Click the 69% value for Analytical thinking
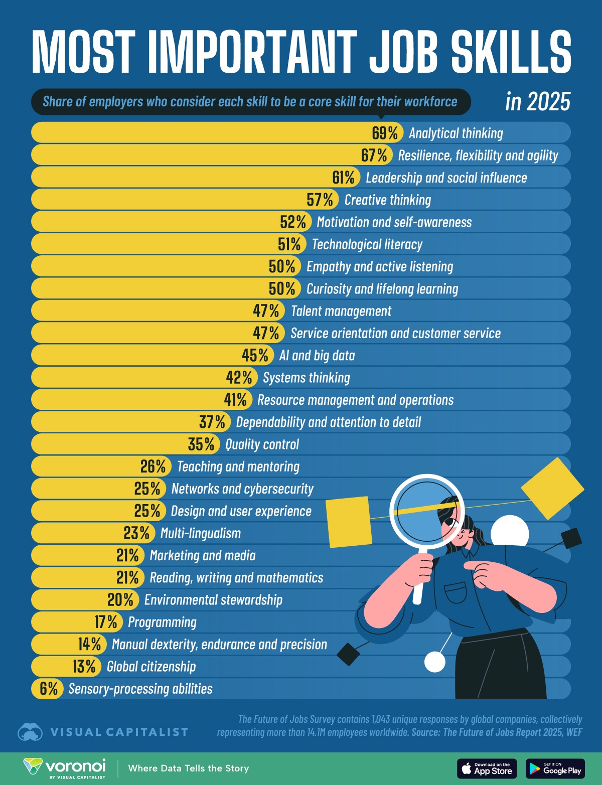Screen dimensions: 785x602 [x=385, y=133]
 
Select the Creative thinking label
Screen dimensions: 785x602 [x=387, y=200]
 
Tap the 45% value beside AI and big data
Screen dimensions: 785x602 [x=255, y=355]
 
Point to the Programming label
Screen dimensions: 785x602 [x=162, y=622]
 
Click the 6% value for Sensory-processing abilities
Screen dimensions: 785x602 [x=49, y=689]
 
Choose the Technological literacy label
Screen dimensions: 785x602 [x=367, y=244]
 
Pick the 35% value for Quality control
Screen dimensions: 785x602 [x=202, y=444]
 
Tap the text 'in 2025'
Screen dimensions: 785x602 [x=538, y=101]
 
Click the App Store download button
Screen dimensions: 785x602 [x=487, y=768]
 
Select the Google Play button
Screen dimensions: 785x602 [x=555, y=768]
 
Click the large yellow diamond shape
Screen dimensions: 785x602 [x=552, y=488]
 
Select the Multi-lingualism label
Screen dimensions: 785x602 [x=200, y=533]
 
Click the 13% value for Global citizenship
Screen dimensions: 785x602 [x=84, y=667]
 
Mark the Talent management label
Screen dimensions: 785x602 [x=341, y=311]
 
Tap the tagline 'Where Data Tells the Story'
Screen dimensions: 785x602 [x=188, y=768]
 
